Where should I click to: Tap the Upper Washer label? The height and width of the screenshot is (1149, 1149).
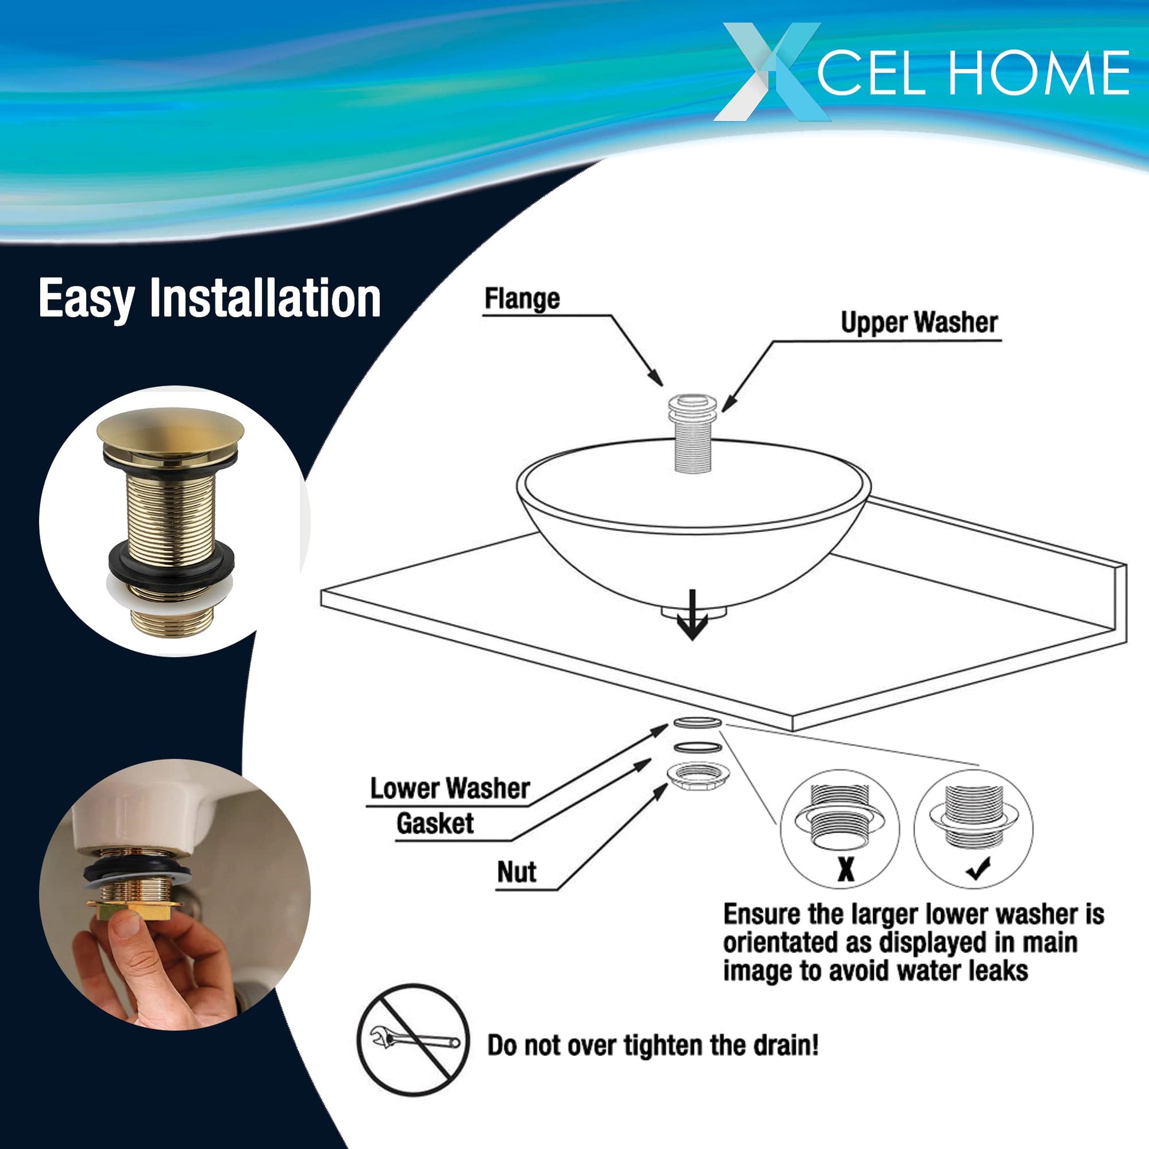919,322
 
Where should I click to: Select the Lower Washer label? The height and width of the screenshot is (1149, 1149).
449,789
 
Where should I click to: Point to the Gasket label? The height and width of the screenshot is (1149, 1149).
435,824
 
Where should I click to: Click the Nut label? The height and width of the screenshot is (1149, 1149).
517,873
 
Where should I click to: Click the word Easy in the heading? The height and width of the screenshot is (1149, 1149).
87,299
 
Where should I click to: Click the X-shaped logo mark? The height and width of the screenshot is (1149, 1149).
772,71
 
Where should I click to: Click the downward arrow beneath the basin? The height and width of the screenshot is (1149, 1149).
691,615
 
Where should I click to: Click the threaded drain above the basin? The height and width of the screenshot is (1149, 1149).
693,432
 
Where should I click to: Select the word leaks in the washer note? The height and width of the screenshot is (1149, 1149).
997,970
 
